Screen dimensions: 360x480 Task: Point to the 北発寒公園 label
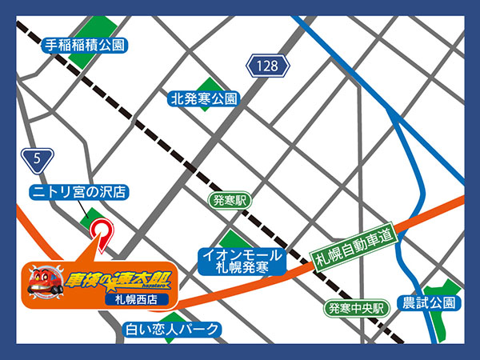(204, 99)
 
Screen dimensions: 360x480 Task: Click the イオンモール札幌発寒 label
(241, 262)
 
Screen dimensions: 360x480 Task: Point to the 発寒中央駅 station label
(357, 307)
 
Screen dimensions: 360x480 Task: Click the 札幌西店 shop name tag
(142, 300)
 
